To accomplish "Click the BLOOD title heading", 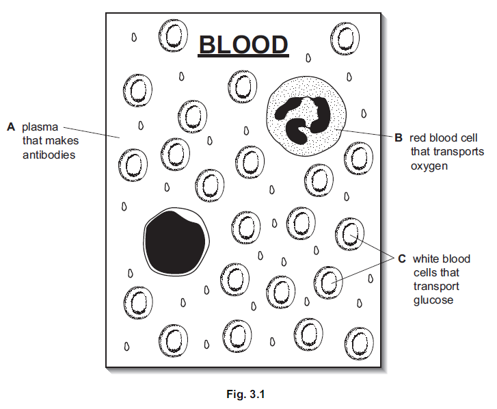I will pyautogui.click(x=243, y=44).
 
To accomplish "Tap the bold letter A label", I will pyautogui.click(x=11, y=127).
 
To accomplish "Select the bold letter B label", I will pyautogui.click(x=399, y=137).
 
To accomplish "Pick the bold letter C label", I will pyautogui.click(x=402, y=259).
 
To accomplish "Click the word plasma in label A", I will pyautogui.click(x=40, y=127).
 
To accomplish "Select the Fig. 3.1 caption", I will pyautogui.click(x=248, y=394).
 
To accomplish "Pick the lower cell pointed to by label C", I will pyautogui.click(x=327, y=282).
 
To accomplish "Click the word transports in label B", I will pyautogui.click(x=457, y=151).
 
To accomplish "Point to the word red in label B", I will pyautogui.click(x=418, y=137).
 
